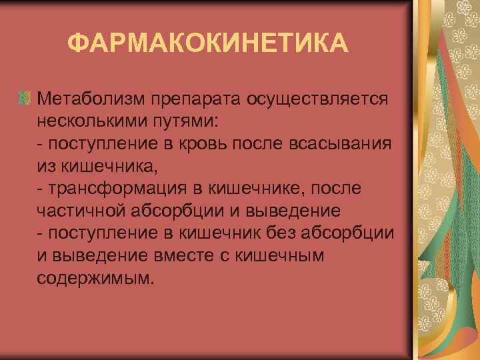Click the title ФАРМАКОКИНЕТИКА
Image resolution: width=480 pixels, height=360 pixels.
pos(208,45)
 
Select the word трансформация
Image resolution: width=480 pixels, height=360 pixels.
pos(115,189)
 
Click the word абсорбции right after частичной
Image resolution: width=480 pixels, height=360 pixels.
pos(181,211)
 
